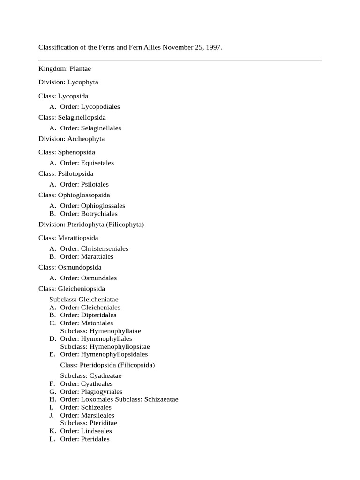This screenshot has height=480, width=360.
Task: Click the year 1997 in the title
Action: [x=213, y=48]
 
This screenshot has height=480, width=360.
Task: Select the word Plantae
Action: [x=80, y=69]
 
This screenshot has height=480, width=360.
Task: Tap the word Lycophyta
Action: [x=83, y=82]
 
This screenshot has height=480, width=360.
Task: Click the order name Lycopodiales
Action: [x=100, y=106]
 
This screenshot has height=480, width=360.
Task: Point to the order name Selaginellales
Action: [x=101, y=128]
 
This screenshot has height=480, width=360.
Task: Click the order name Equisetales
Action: [x=97, y=163]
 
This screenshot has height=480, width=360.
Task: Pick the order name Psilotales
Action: [x=95, y=184]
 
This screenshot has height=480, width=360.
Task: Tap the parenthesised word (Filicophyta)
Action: [x=125, y=225]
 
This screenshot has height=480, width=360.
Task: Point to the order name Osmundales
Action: [x=99, y=278]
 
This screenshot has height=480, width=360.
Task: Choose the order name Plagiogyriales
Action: [x=102, y=391]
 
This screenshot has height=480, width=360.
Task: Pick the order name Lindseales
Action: [x=97, y=431]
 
